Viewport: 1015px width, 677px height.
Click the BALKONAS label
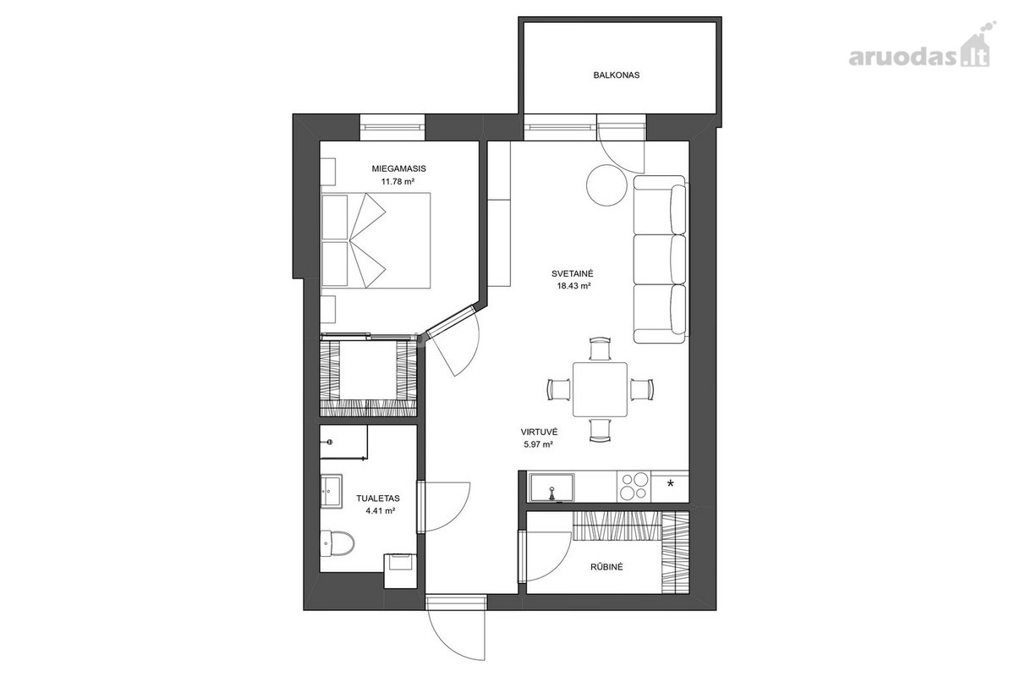tap(617, 74)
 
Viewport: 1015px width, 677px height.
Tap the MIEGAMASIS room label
tap(398, 168)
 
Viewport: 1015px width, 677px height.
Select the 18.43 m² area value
tap(573, 286)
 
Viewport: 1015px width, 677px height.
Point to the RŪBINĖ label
tap(606, 567)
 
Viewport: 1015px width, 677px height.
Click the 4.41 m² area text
tap(380, 511)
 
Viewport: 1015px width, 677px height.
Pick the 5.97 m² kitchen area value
tap(538, 445)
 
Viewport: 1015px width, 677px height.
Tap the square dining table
tap(600, 389)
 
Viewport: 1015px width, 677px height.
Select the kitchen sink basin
tap(551, 488)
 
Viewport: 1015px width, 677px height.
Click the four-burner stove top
tap(634, 487)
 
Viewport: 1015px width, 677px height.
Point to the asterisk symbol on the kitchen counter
tap(670, 484)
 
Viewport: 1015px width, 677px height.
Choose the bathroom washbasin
tap(332, 492)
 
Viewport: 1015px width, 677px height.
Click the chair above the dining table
tap(600, 349)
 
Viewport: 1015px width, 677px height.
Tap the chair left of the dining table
tap(559, 389)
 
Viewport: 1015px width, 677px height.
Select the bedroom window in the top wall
tap(392, 128)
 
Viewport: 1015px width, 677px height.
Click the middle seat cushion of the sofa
tap(660, 259)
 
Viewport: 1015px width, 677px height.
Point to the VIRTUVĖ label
tap(539, 432)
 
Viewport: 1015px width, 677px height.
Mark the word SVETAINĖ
tap(573, 273)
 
